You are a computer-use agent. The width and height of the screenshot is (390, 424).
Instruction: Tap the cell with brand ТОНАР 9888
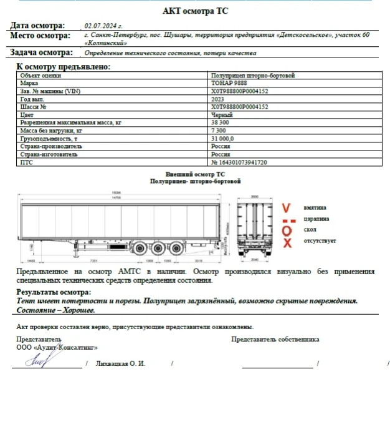tap(228, 83)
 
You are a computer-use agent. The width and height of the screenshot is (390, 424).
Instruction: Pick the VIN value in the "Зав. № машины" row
tap(240, 91)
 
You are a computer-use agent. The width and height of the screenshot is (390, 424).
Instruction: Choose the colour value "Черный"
tap(222, 115)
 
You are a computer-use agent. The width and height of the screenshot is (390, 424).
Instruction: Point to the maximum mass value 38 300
tap(221, 123)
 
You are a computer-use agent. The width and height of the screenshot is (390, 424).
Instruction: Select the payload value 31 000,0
tap(222, 139)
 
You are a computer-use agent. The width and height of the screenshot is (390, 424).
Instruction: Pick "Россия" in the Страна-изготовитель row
tap(221, 154)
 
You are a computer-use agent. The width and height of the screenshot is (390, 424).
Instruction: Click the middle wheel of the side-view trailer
tap(158, 248)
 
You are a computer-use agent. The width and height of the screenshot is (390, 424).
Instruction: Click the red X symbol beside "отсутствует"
tap(287, 242)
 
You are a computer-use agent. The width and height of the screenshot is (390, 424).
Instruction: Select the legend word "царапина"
tap(316, 219)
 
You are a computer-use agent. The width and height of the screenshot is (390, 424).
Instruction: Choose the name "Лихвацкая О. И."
tap(121, 363)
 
